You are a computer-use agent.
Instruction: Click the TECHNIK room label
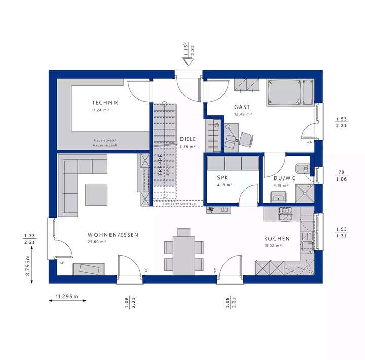pyautogui.click(x=105, y=103)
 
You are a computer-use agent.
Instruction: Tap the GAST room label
pyautogui.click(x=242, y=107)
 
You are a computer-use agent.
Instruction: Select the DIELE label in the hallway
pyautogui.click(x=187, y=139)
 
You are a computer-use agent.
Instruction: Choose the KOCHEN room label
pyautogui.click(x=277, y=239)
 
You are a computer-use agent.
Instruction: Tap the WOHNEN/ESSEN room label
pyautogui.click(x=113, y=235)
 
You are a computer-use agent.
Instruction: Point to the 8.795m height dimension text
pyautogui.click(x=28, y=265)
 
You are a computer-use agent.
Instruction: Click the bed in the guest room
pyautogui.click(x=290, y=93)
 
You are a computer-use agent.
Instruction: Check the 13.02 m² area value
pyautogui.click(x=273, y=246)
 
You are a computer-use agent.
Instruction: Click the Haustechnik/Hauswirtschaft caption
pyautogui.click(x=105, y=143)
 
